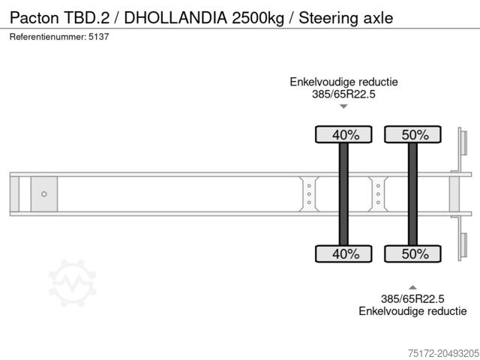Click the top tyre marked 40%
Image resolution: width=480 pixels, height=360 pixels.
[343, 135]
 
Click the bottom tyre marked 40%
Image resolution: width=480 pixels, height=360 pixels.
[343, 253]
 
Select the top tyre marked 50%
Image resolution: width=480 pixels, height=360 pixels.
[412, 135]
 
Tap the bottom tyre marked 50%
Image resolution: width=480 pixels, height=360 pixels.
[412, 253]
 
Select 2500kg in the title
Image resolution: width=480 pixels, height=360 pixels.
[255, 16]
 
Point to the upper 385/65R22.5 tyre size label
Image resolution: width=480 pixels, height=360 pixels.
[343, 94]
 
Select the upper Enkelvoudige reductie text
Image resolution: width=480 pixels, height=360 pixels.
[343, 82]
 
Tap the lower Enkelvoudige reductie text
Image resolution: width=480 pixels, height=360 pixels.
[412, 311]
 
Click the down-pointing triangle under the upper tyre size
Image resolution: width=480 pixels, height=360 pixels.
[343, 106]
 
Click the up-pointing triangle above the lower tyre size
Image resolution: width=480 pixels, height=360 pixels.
[412, 286]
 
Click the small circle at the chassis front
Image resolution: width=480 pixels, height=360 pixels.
[44, 194]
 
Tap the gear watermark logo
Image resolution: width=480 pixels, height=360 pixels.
[72, 283]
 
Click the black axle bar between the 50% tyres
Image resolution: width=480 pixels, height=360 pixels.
[412, 194]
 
